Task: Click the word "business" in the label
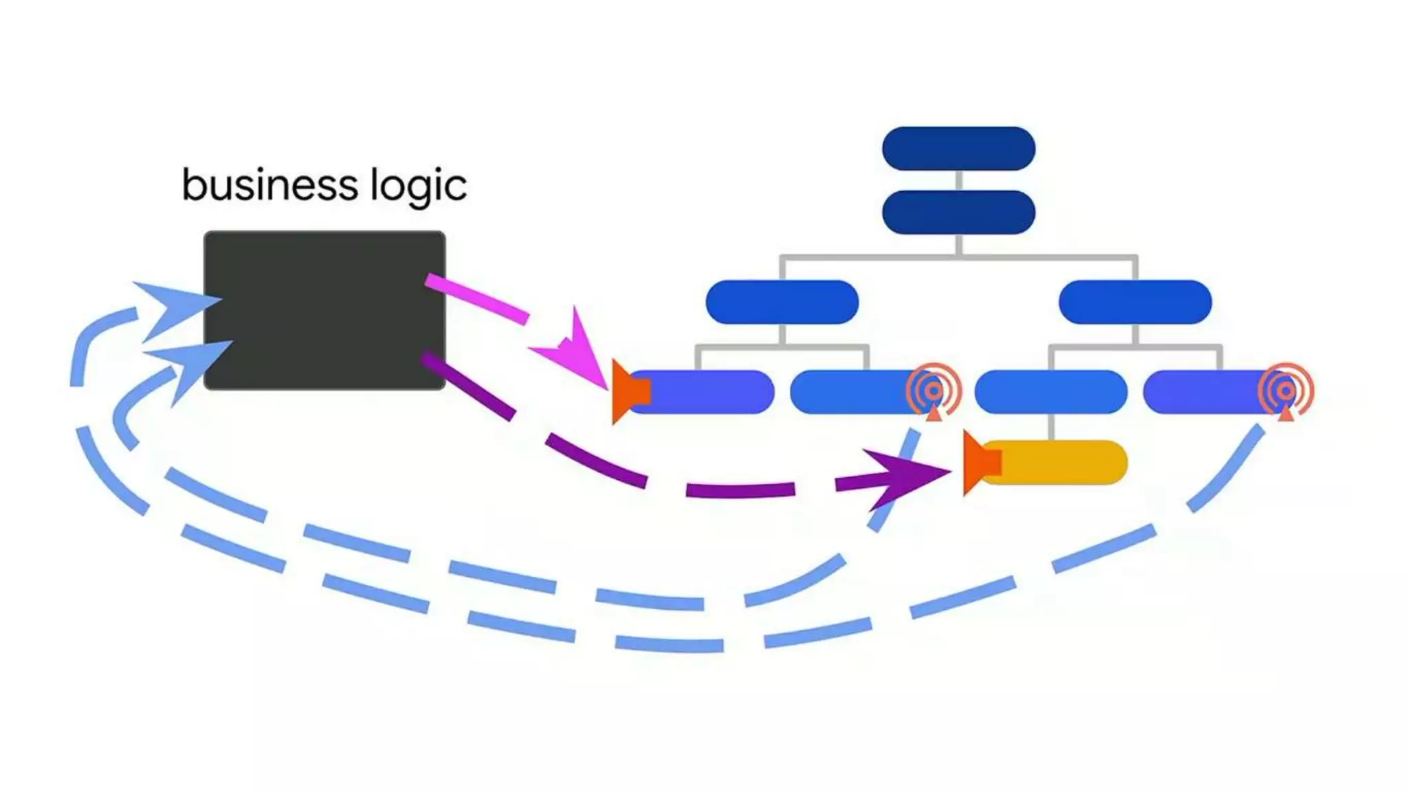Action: pos(269,186)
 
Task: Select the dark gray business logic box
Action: pos(324,310)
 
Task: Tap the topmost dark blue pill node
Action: pos(958,148)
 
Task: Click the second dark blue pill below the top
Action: pos(958,212)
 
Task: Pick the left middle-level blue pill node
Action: pos(782,302)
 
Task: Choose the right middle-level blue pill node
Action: pos(1134,302)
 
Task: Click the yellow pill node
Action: pos(1059,462)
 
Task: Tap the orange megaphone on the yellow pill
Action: pos(980,463)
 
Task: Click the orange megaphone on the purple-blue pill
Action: pos(628,392)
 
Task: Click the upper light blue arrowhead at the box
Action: pos(172,307)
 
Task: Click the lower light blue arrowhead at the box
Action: pos(189,363)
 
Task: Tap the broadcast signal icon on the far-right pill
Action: pos(1286,391)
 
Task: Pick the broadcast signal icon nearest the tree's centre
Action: pos(933,391)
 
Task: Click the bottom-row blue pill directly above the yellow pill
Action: pos(1050,392)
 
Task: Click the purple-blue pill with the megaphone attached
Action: pos(708,392)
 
